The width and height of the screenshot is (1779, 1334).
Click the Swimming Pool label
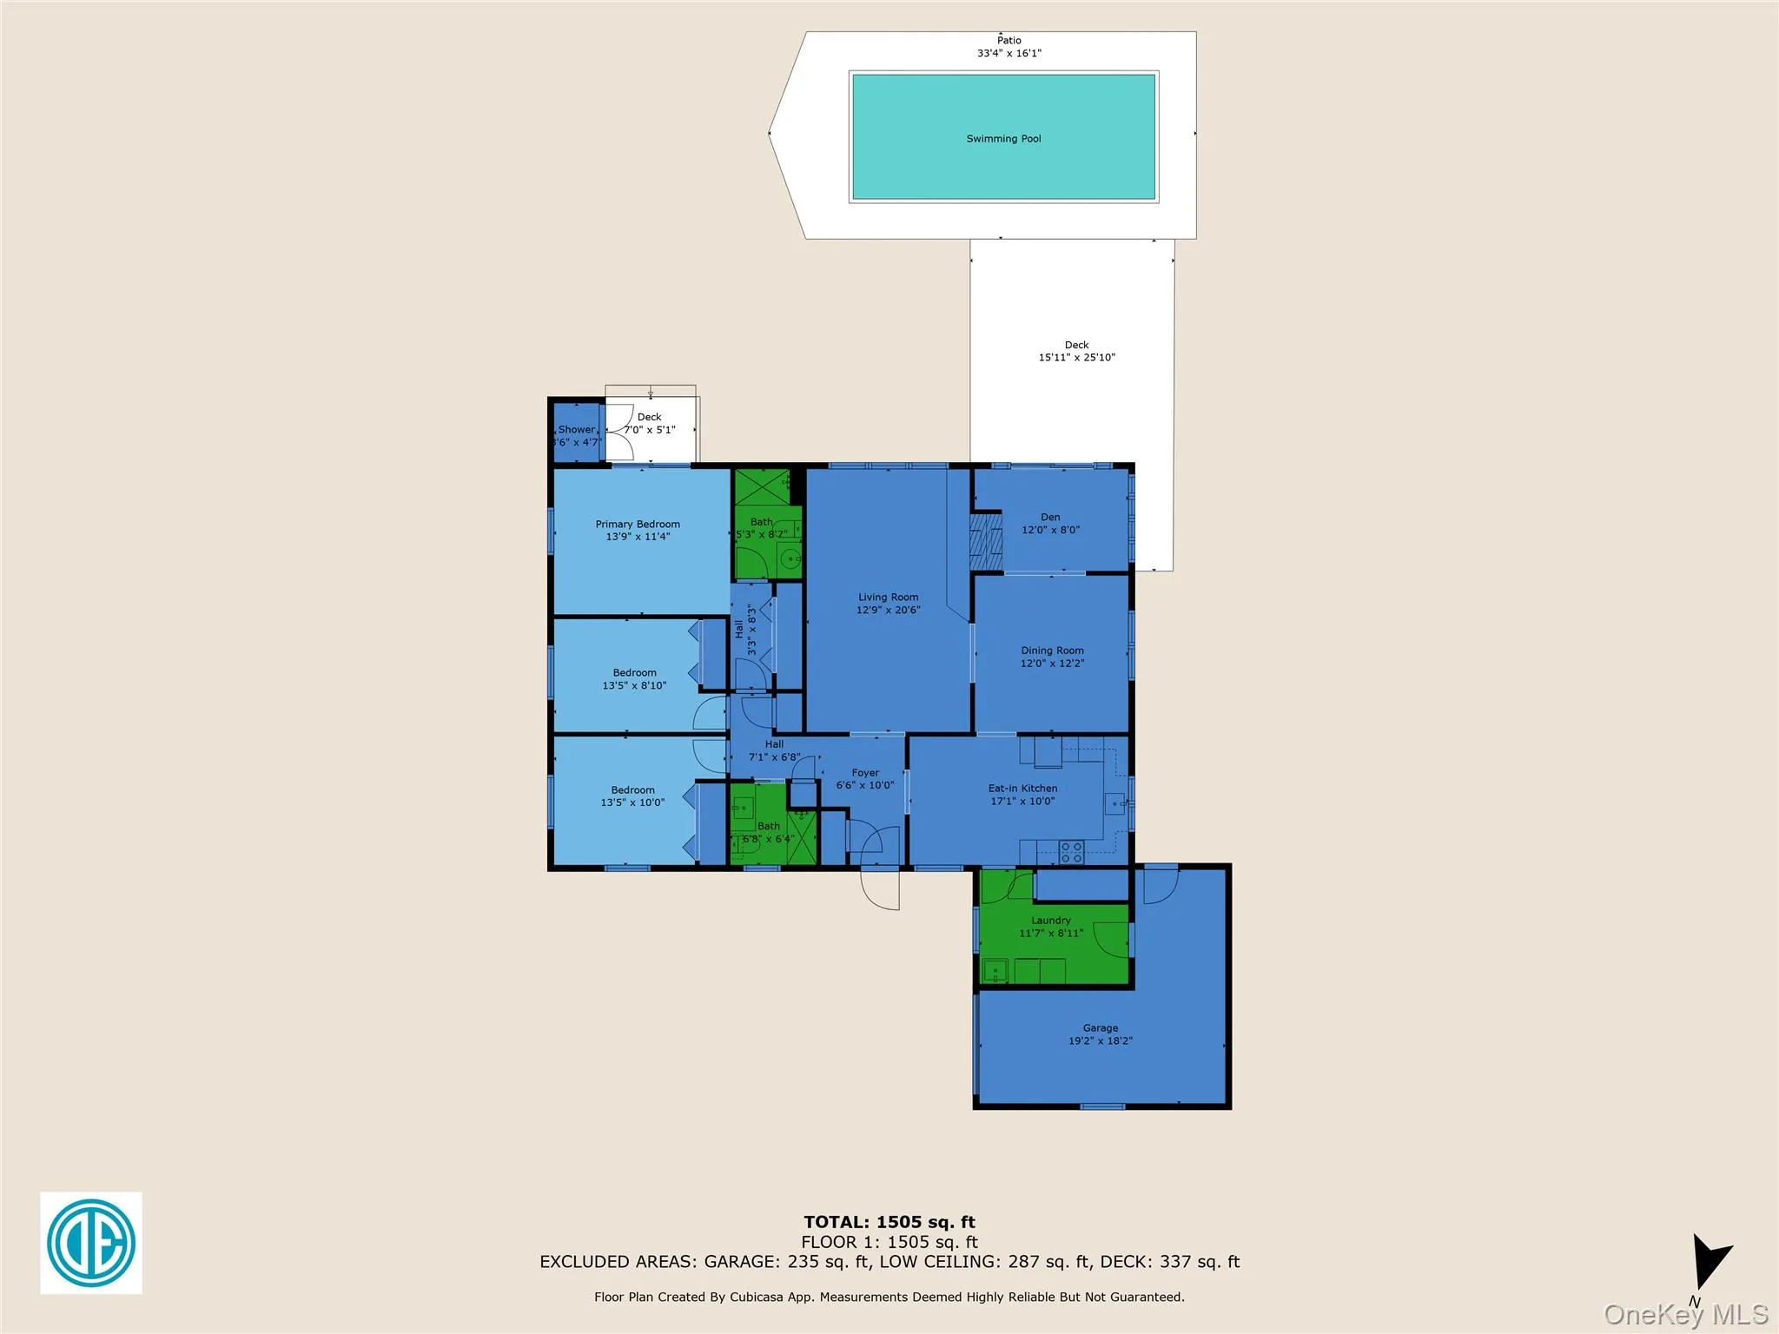[1003, 139]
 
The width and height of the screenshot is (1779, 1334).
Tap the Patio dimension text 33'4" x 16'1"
[1009, 53]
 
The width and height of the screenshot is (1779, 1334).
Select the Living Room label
[888, 598]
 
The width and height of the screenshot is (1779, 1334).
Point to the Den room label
[1050, 518]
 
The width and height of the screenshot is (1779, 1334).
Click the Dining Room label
[1052, 650]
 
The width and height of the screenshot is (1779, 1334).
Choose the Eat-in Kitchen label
[1022, 789]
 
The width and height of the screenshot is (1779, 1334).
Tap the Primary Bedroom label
[638, 525]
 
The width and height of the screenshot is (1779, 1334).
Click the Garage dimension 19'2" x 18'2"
[1100, 1040]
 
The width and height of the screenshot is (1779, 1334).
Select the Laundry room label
[1050, 921]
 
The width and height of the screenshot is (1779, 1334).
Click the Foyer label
[865, 773]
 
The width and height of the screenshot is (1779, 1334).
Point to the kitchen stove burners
[1071, 852]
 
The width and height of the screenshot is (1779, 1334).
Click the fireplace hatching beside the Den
[986, 541]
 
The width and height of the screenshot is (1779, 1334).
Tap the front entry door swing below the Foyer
[880, 888]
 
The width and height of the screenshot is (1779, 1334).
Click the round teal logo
[90, 1242]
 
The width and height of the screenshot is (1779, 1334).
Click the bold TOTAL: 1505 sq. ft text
[889, 1223]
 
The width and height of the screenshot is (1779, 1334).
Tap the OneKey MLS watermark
[1685, 1314]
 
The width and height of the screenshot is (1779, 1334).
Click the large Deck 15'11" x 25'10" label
[1076, 351]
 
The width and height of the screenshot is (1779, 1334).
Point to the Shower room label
[577, 430]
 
